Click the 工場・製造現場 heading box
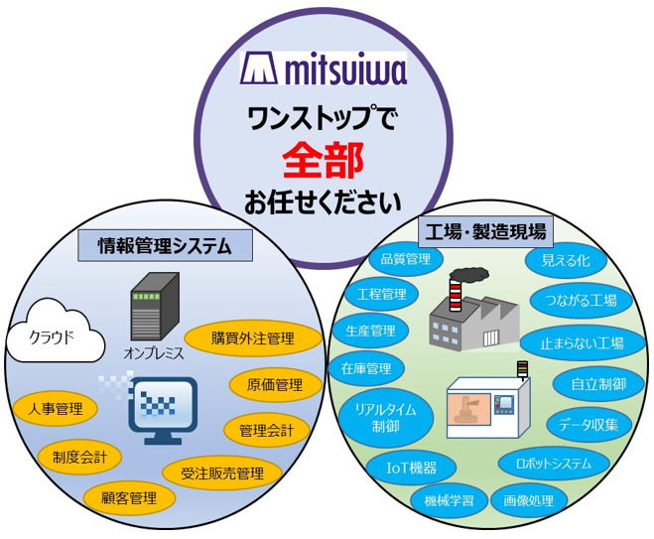pos(484,232)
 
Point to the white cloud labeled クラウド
pos(55,337)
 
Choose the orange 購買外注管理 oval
pos(252,338)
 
